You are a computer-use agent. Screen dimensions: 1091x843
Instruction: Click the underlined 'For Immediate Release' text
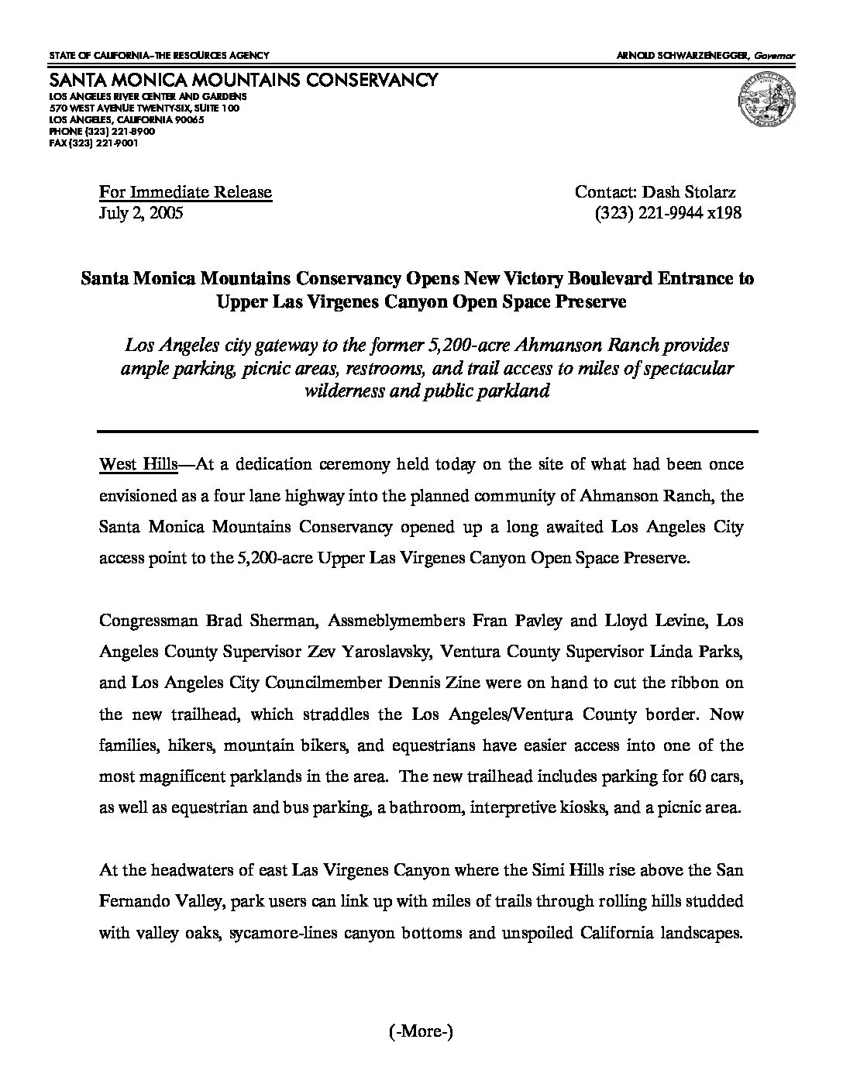point(185,192)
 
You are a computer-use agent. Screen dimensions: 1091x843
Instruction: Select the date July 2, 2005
point(141,213)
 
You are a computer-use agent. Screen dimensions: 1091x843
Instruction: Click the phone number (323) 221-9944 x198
point(668,213)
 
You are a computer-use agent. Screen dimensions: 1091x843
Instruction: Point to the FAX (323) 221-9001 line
point(94,143)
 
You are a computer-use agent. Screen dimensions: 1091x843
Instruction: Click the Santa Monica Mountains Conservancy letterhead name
point(243,81)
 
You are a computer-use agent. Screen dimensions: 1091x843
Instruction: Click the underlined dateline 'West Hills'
point(139,465)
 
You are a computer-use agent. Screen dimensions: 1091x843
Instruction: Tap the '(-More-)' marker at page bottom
point(419,1031)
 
